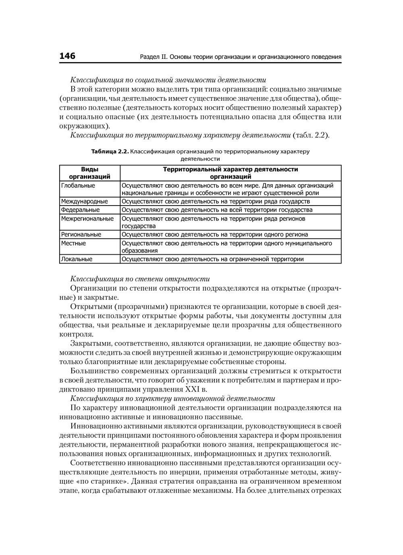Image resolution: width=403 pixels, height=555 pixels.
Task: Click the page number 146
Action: [x=67, y=56]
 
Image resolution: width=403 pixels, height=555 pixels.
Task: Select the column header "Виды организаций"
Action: [x=89, y=173]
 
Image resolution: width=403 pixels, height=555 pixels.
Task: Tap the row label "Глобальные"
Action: [x=78, y=186]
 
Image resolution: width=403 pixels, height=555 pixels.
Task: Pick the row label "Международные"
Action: [x=85, y=202]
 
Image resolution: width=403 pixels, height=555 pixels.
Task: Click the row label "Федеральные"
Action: [x=80, y=210]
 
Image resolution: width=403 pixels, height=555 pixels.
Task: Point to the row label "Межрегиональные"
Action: [x=87, y=219]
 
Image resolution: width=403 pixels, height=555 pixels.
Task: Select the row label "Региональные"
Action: [x=81, y=235]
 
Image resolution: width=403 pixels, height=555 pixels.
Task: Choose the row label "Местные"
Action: [x=73, y=243]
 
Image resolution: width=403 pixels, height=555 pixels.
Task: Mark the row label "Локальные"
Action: [x=77, y=259]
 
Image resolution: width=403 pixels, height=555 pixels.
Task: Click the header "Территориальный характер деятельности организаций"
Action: [x=231, y=173]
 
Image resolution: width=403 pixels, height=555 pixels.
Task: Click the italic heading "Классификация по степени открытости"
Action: [x=140, y=279]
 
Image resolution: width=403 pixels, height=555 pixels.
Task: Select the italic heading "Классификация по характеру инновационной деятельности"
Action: [x=172, y=399]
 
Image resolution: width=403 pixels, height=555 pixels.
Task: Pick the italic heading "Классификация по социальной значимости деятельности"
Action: [x=168, y=80]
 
